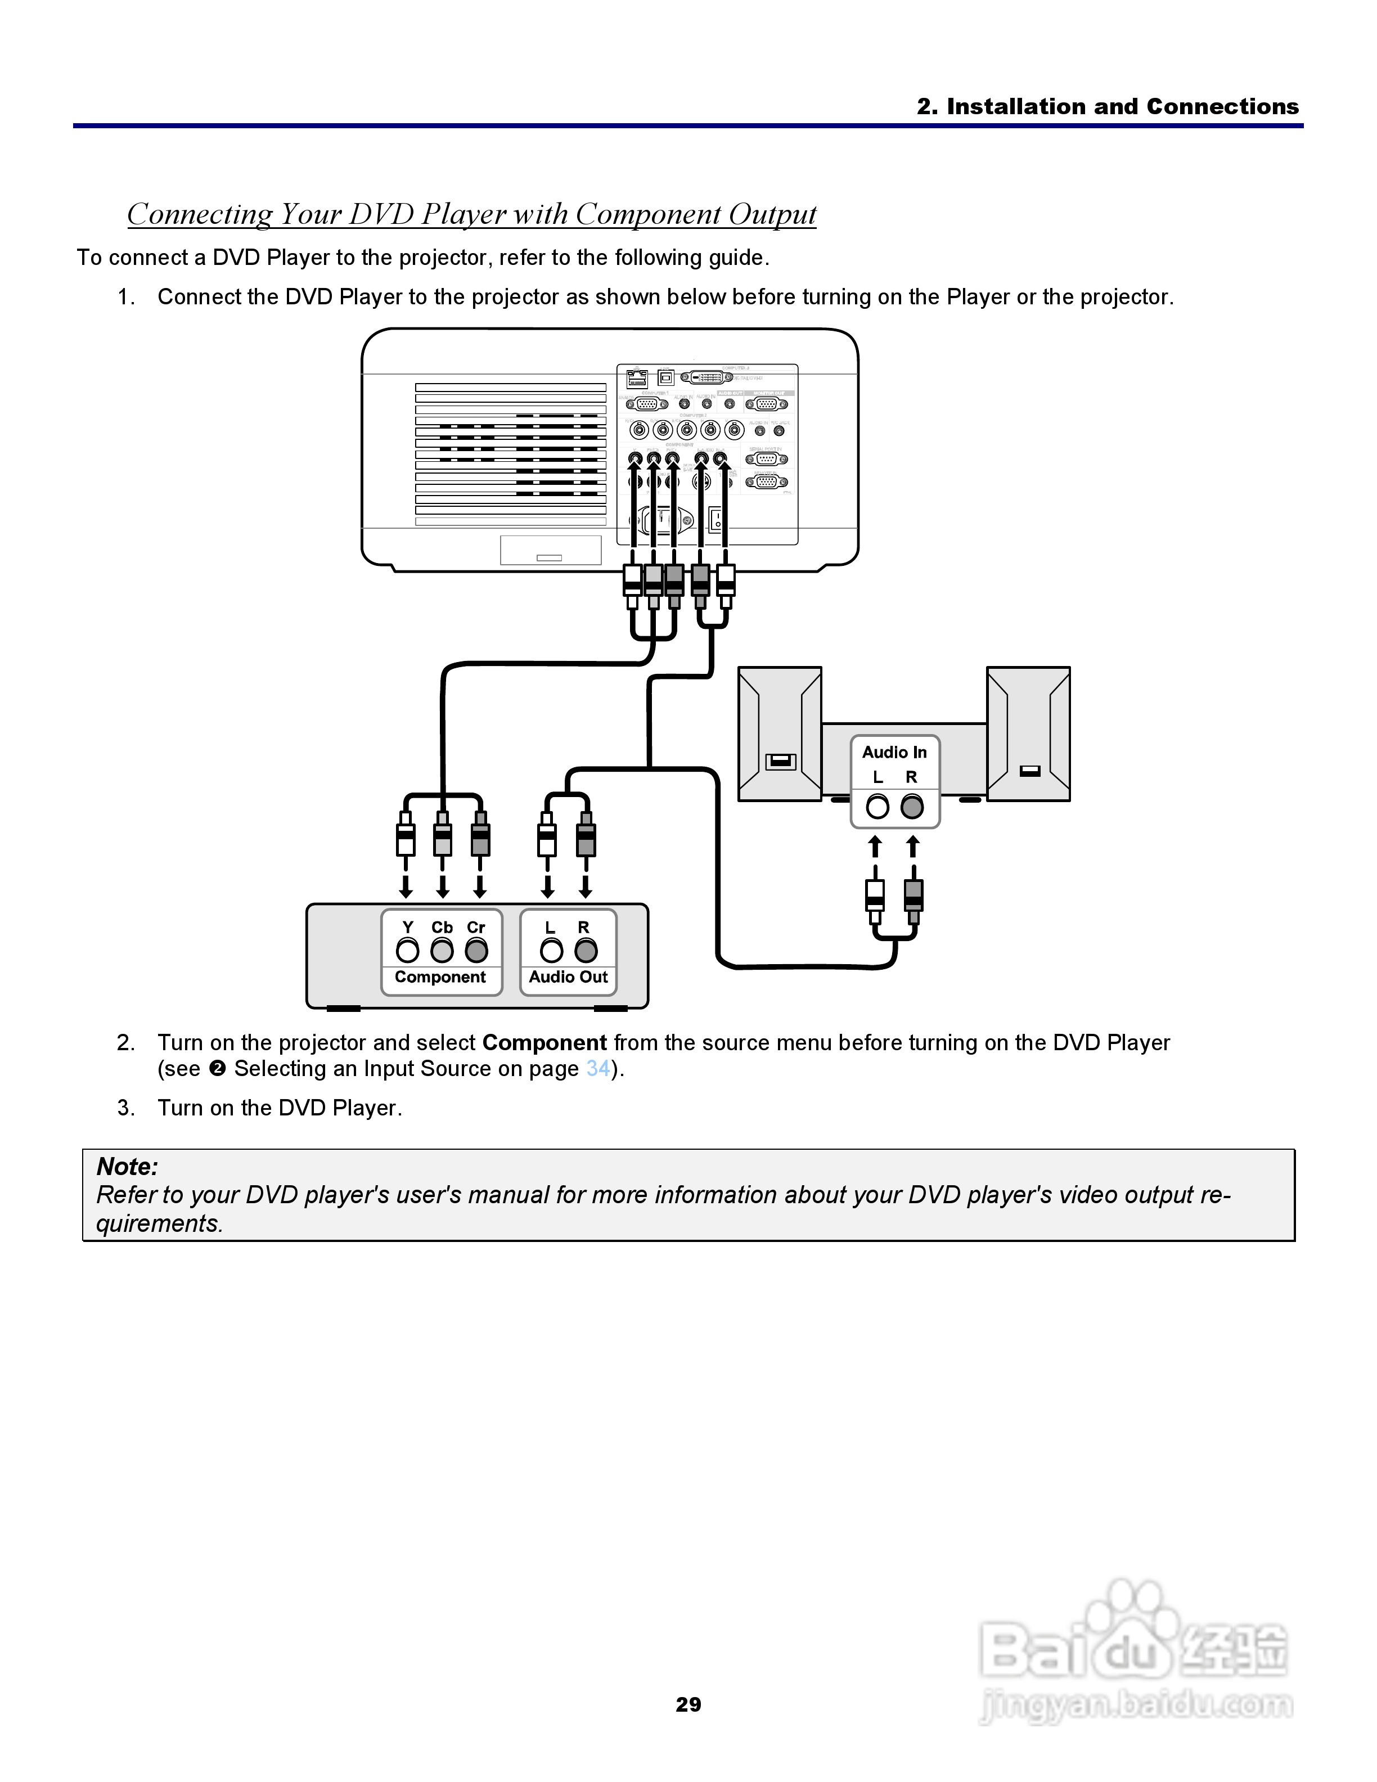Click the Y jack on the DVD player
click(407, 951)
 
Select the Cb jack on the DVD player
click(442, 951)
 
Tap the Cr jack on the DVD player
click(476, 951)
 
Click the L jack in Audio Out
click(551, 951)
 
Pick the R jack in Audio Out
click(586, 951)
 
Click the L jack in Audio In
click(877, 807)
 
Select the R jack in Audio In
click(912, 807)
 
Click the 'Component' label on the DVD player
click(440, 978)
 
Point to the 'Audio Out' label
click(569, 978)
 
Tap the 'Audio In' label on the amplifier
click(895, 752)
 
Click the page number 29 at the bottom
click(688, 1704)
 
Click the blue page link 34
click(598, 1069)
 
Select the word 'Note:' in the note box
click(127, 1167)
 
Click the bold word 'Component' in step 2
click(544, 1043)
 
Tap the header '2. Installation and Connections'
click(1107, 107)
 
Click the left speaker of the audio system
click(779, 733)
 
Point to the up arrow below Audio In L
click(875, 846)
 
